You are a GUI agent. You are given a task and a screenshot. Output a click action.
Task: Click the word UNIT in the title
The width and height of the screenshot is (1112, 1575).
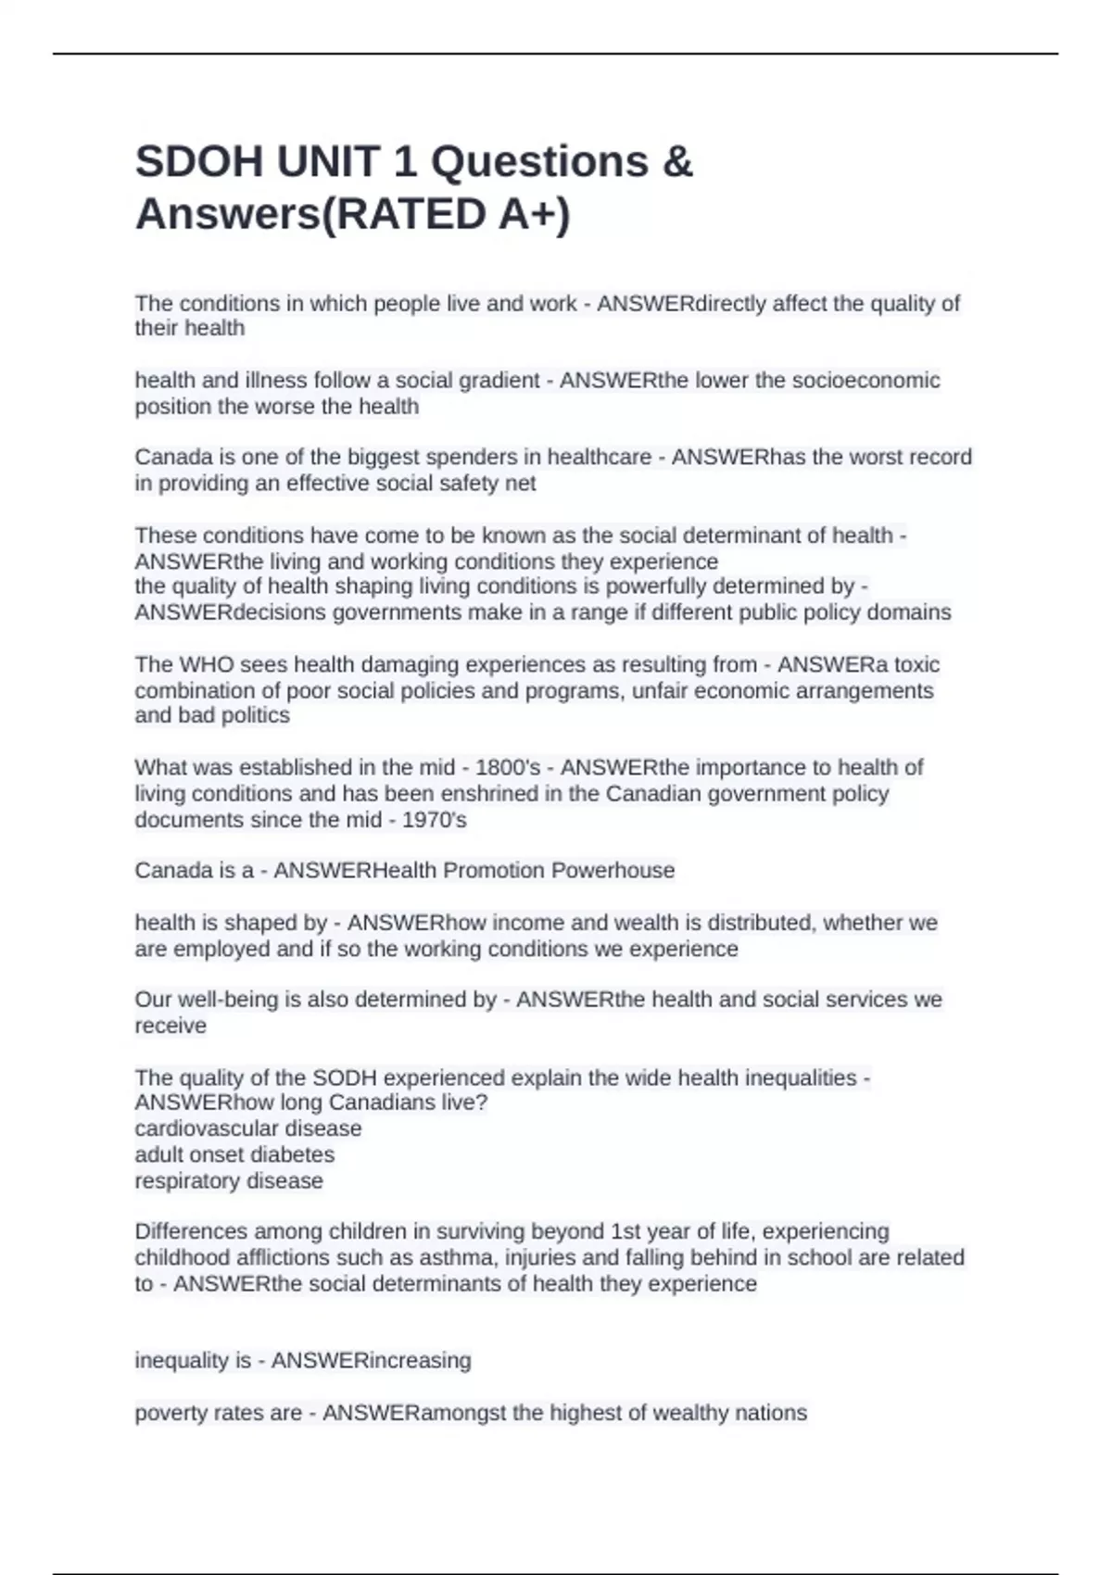tap(324, 162)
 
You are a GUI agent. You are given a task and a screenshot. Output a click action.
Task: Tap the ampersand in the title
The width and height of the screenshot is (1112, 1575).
tap(678, 162)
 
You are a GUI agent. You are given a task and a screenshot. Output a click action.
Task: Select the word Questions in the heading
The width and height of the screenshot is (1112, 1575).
tap(539, 162)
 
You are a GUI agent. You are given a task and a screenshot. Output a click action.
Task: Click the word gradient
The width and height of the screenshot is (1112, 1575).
tap(497, 381)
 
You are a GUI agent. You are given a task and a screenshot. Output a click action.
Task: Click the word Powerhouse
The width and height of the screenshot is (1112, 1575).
tap(613, 871)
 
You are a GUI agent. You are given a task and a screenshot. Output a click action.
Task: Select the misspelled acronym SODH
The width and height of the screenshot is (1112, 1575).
tap(345, 1078)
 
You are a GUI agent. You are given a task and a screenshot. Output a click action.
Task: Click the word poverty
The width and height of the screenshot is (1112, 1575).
tap(170, 1414)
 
